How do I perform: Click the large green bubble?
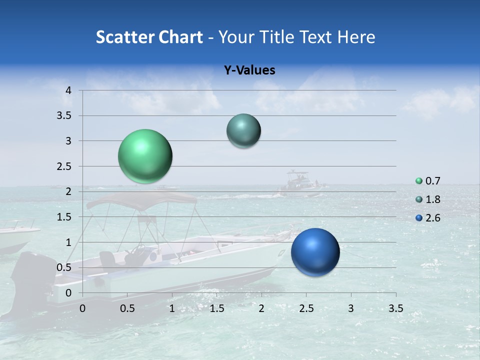(145, 156)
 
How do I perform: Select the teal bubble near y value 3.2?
(243, 130)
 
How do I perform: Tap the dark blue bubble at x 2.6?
(315, 252)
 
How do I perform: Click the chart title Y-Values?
(249, 70)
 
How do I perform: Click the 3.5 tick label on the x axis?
(395, 308)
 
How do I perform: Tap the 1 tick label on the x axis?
(172, 308)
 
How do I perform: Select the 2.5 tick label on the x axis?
(306, 308)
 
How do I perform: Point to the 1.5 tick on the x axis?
(216, 308)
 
